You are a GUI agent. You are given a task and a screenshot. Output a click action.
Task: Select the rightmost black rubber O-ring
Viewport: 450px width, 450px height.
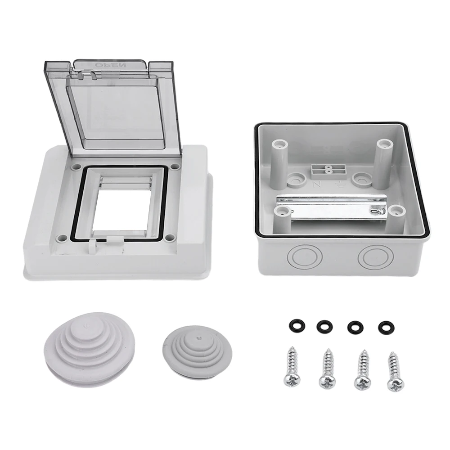[385, 327]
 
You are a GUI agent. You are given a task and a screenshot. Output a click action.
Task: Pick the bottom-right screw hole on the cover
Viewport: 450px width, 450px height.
[168, 237]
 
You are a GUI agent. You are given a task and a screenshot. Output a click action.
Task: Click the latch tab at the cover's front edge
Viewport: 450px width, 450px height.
[94, 245]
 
